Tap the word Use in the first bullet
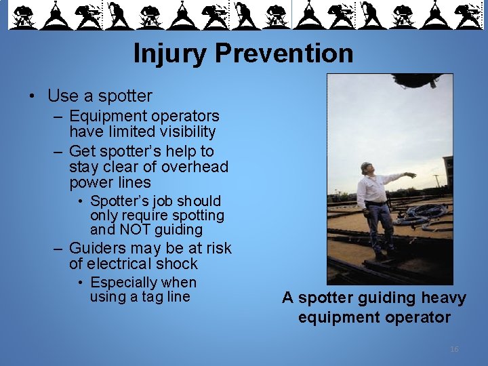pyautogui.click(x=62, y=96)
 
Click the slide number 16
pyautogui.click(x=454, y=349)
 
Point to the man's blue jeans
pyautogui.click(x=380, y=227)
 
